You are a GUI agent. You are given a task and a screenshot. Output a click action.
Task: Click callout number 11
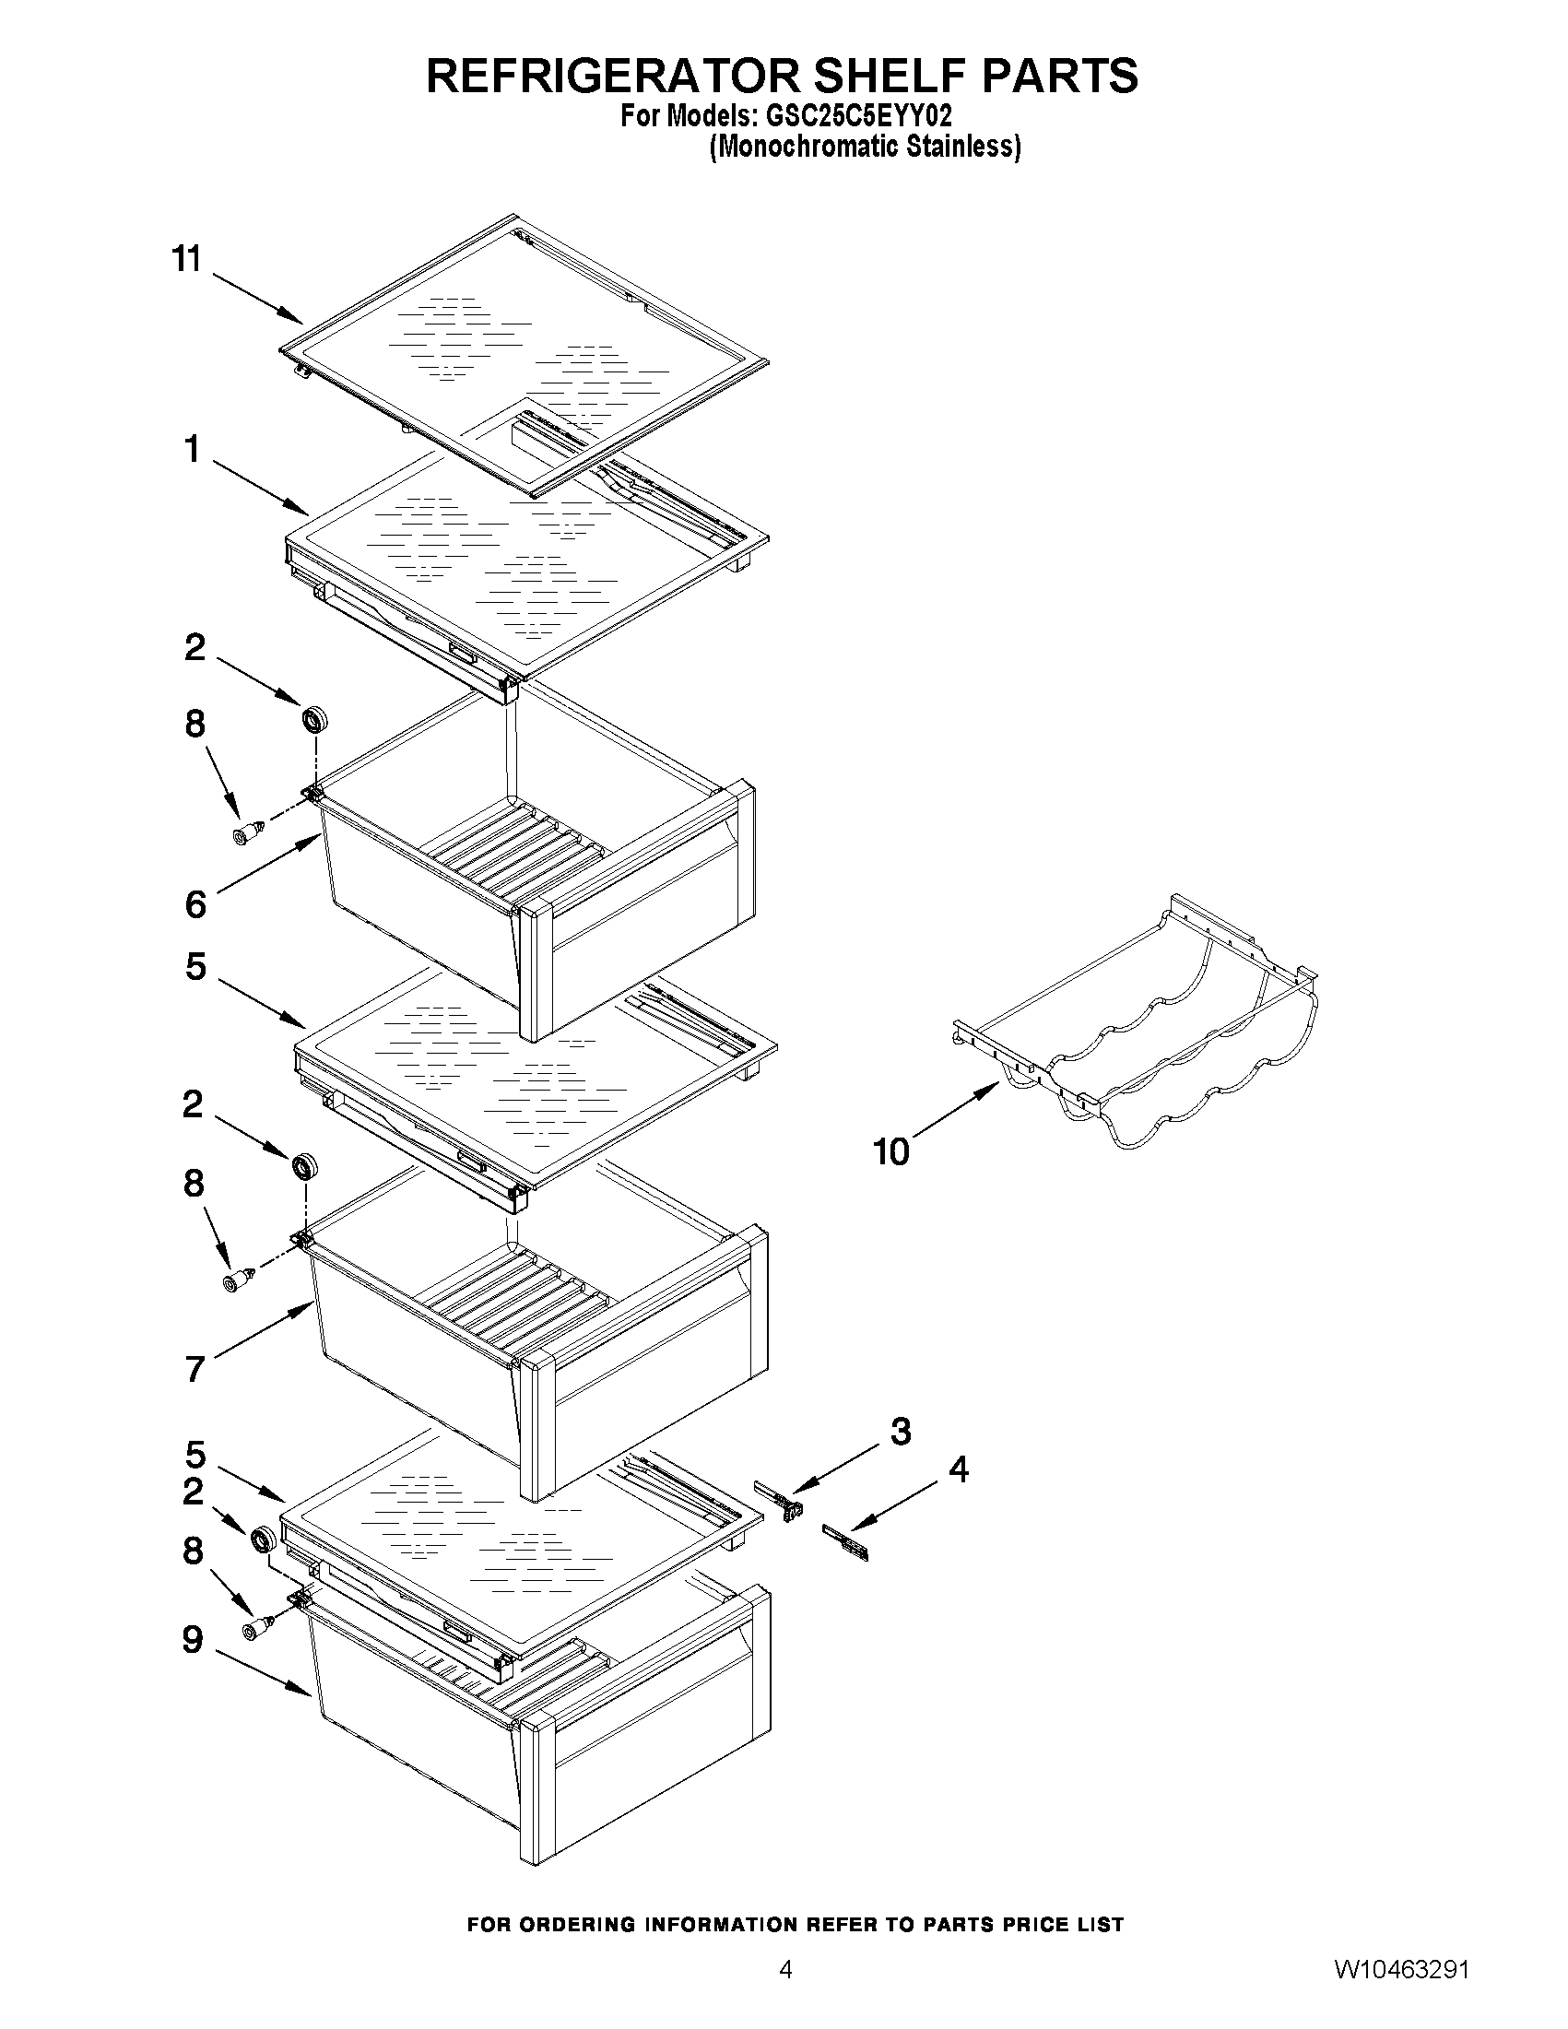tap(187, 258)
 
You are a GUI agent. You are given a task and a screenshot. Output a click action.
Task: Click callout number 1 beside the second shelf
tap(193, 450)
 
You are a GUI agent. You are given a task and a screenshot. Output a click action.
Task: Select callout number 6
tap(195, 904)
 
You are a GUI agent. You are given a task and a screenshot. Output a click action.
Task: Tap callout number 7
tap(195, 1368)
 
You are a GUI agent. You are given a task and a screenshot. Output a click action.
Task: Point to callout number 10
tap(890, 1152)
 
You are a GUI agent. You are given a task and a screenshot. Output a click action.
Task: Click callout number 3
tap(900, 1432)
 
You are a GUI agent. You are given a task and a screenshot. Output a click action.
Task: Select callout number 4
tap(958, 1469)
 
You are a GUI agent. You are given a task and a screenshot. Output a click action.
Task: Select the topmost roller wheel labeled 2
tap(316, 720)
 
